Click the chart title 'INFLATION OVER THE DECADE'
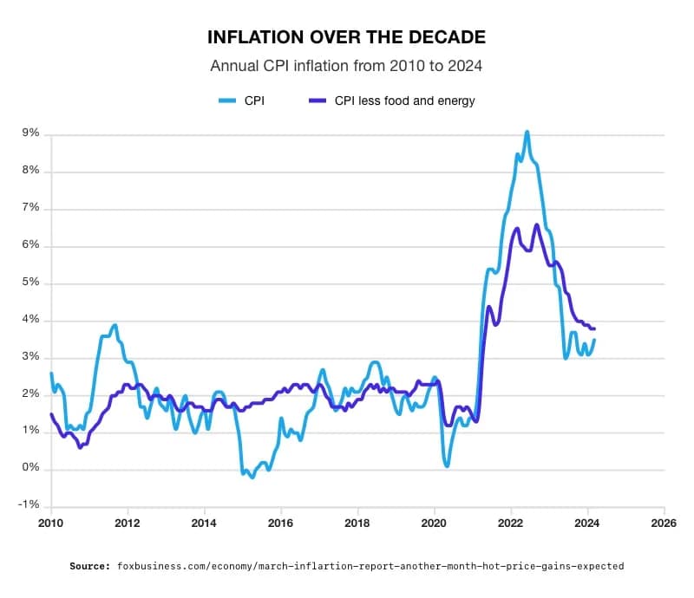point(346,38)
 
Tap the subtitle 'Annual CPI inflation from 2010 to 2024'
point(346,66)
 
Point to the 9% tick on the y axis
point(31,133)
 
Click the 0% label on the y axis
point(31,469)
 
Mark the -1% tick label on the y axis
point(29,506)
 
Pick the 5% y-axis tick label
point(31,283)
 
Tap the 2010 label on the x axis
point(51,523)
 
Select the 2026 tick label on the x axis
point(664,523)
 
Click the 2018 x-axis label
point(357,523)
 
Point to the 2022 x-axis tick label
point(511,523)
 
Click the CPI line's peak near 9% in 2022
point(527,132)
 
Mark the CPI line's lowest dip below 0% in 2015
point(252,477)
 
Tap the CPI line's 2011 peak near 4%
point(115,326)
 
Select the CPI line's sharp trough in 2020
point(447,465)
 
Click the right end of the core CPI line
point(594,328)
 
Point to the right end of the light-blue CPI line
point(594,340)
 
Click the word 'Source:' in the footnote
point(90,566)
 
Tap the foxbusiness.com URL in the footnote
point(370,566)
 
